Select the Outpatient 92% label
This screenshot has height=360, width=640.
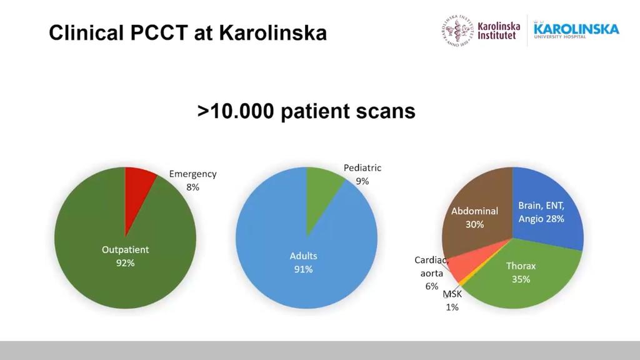point(125,256)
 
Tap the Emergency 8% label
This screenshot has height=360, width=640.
point(192,180)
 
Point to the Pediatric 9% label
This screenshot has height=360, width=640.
point(362,174)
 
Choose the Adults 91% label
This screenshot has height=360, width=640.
point(304,262)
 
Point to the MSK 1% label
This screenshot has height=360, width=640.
point(452,300)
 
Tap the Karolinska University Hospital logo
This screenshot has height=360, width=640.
point(576,30)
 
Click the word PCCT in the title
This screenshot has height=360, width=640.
point(163,32)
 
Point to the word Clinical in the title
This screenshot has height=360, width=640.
point(86,32)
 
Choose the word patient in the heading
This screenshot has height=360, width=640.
point(316,111)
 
